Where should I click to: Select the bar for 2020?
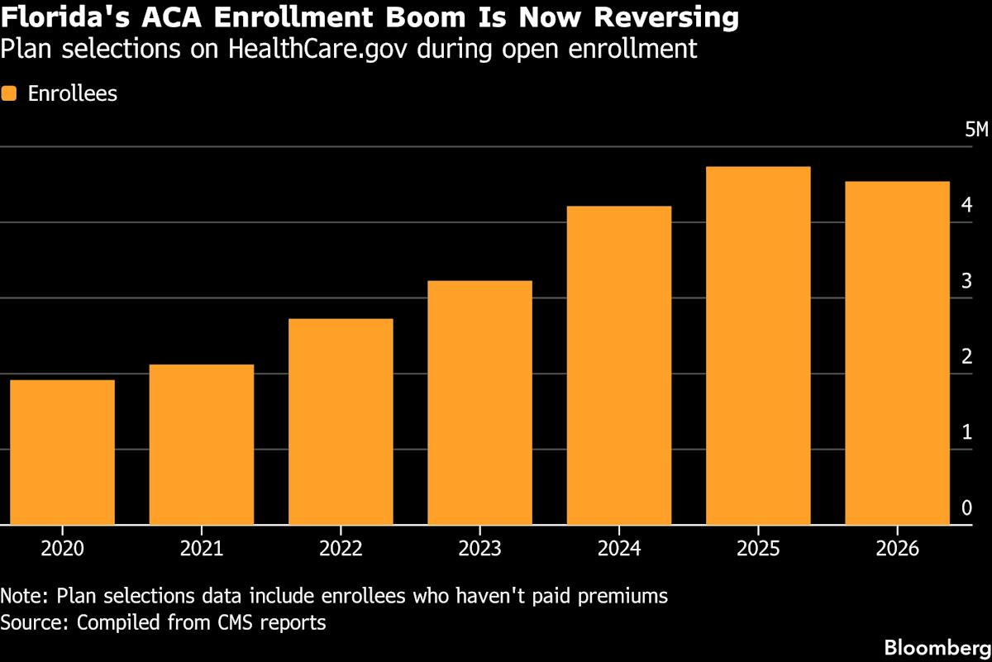pyautogui.click(x=62, y=452)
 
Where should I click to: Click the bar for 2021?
pyautogui.click(x=201, y=445)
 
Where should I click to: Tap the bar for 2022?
pyautogui.click(x=341, y=421)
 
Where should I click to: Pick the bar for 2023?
pyautogui.click(x=479, y=402)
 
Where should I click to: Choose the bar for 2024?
pyautogui.click(x=618, y=365)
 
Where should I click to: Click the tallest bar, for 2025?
pyautogui.click(x=758, y=345)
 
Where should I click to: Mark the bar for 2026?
pyautogui.click(x=897, y=353)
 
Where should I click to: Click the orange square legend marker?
pyautogui.click(x=9, y=93)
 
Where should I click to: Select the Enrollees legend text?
pyautogui.click(x=73, y=93)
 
